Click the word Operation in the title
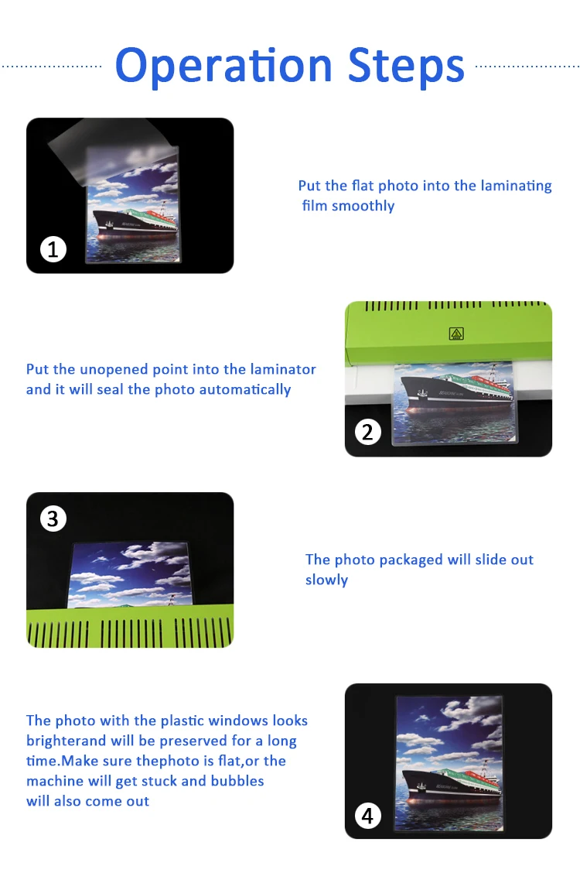223,67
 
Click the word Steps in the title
406,67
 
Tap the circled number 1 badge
53,249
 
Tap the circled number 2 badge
367,432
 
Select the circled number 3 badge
53,519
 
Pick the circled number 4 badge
367,816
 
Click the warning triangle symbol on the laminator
456,334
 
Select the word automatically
245,390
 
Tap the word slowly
326,580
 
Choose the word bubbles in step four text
237,781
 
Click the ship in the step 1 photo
135,221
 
